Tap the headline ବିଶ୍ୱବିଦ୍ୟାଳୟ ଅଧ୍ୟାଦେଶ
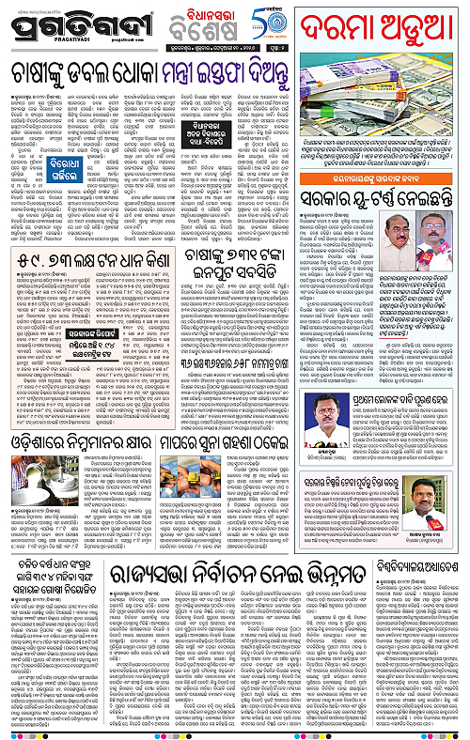pyautogui.click(x=411, y=566)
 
